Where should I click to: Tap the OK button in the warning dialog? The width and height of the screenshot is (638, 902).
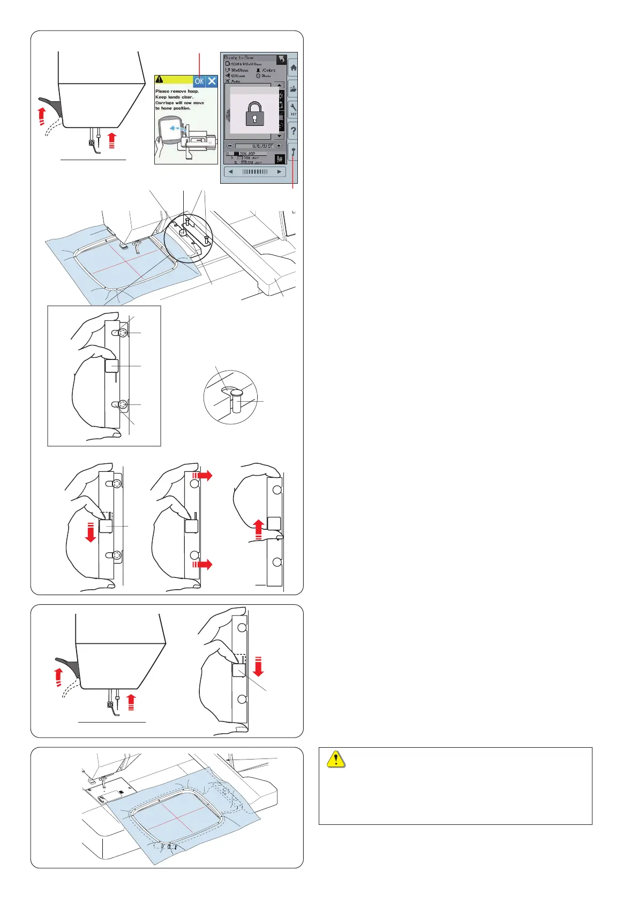point(199,81)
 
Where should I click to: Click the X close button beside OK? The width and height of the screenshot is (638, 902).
point(212,81)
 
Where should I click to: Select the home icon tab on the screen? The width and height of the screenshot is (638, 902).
point(293,68)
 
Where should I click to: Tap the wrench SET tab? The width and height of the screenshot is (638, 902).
point(293,109)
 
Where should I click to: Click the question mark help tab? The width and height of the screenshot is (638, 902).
point(293,131)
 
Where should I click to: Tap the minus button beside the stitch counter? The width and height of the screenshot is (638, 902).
point(229,146)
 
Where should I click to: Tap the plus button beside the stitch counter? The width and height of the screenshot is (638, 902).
point(279,146)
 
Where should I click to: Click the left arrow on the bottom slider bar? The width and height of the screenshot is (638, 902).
point(231,172)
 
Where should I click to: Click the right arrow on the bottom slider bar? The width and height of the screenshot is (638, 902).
point(279,172)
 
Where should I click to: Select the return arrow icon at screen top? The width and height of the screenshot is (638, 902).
point(281,59)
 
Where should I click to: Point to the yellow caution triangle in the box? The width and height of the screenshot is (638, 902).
point(336,760)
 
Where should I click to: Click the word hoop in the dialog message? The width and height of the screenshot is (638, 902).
point(193,92)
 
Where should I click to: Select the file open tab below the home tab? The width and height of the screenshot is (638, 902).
point(293,89)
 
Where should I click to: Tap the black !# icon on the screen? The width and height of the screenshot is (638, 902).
point(279,159)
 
